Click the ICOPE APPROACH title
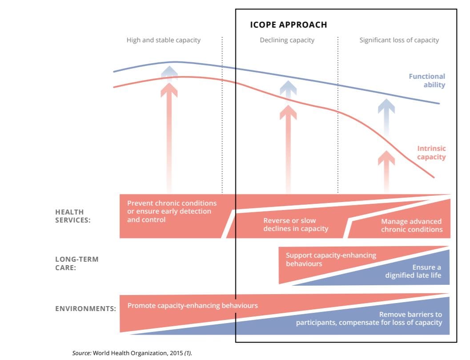coord(288,25)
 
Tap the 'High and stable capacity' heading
coord(163,40)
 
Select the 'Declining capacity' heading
coord(287,40)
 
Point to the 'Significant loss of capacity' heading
coord(399,40)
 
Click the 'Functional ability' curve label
coord(427,81)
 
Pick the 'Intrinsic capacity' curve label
coord(431,153)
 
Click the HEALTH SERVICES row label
coord(73,216)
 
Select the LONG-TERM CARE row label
coord(77,263)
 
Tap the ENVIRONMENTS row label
coord(85,308)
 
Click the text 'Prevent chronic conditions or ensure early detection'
coord(172,207)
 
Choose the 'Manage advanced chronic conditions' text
coord(411,226)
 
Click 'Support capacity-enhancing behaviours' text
coord(330,259)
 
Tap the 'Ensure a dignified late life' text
coord(414,271)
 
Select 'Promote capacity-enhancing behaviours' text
coord(193,306)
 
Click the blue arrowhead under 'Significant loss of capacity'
coord(386,106)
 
